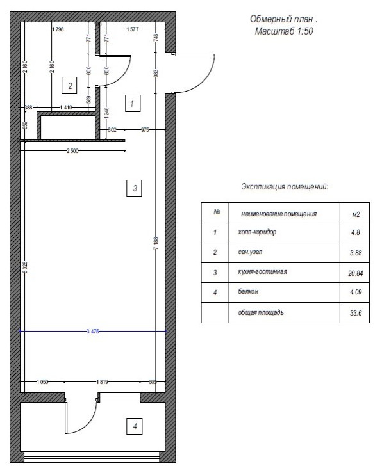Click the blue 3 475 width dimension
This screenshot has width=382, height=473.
94,332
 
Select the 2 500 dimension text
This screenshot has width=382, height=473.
73,151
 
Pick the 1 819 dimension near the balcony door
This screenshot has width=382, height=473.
102,381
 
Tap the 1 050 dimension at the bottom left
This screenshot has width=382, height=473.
43,381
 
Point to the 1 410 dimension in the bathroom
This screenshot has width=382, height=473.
65,108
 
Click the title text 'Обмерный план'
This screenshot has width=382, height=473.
283,20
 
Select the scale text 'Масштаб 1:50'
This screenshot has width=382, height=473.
283,31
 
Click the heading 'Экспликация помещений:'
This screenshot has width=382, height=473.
285,187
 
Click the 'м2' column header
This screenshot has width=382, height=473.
356,213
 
